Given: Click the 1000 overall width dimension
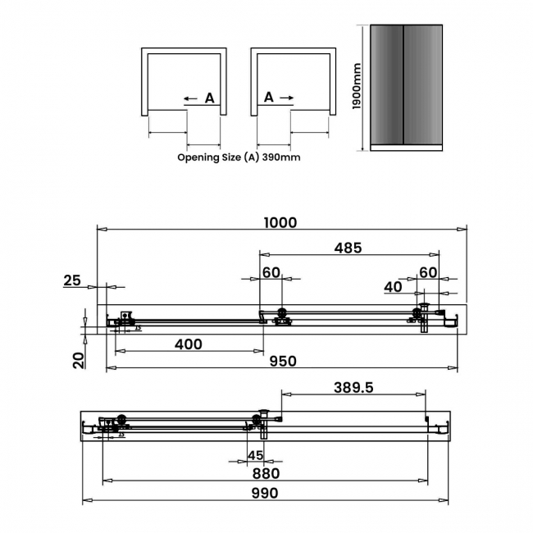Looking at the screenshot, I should click(x=280, y=222).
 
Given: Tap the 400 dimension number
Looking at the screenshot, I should click(x=189, y=344).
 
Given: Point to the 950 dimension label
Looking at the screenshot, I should click(x=280, y=362).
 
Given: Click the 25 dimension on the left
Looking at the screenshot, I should click(x=72, y=280).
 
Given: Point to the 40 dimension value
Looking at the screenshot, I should click(x=393, y=287).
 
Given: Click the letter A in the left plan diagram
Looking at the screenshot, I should click(x=209, y=98).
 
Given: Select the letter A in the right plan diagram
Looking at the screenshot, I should click(x=268, y=98).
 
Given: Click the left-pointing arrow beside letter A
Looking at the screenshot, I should click(x=190, y=98).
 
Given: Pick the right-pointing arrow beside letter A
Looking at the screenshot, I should click(x=286, y=98).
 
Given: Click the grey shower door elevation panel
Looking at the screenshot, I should click(x=405, y=87).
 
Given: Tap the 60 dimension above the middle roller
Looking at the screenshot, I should click(x=271, y=272).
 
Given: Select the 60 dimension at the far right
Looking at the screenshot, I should click(x=428, y=272).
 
